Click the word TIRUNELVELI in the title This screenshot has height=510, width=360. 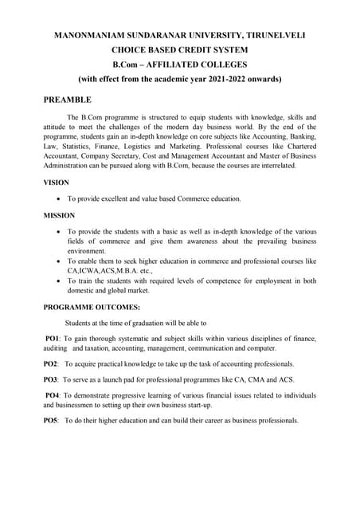pyautogui.click(x=270, y=36)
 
